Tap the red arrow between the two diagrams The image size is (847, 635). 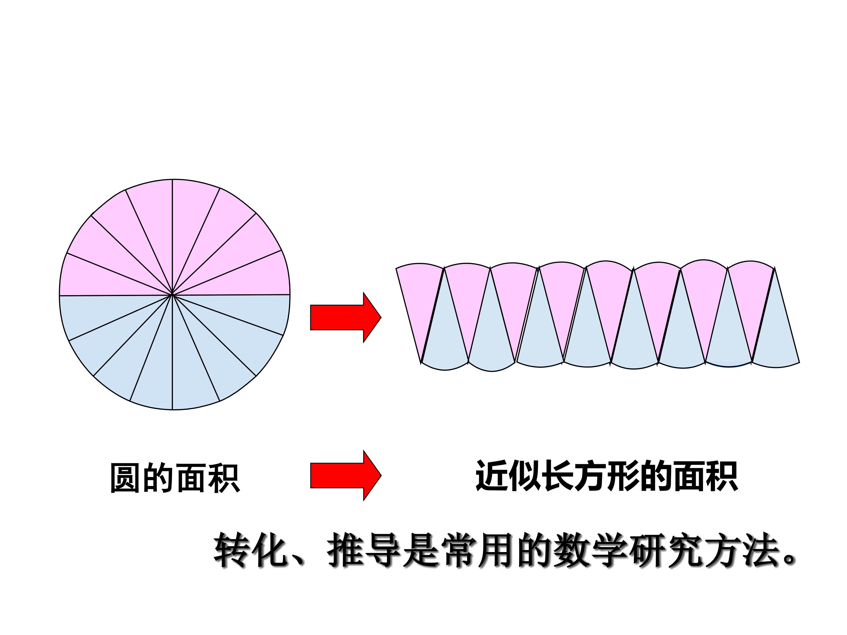click(345, 317)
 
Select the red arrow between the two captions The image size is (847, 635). click(345, 475)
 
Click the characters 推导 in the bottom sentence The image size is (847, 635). click(364, 550)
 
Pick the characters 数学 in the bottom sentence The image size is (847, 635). click(591, 550)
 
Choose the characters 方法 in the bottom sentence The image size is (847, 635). click(743, 550)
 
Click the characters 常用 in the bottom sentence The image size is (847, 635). click(478, 550)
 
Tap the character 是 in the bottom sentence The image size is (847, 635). click(421, 550)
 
